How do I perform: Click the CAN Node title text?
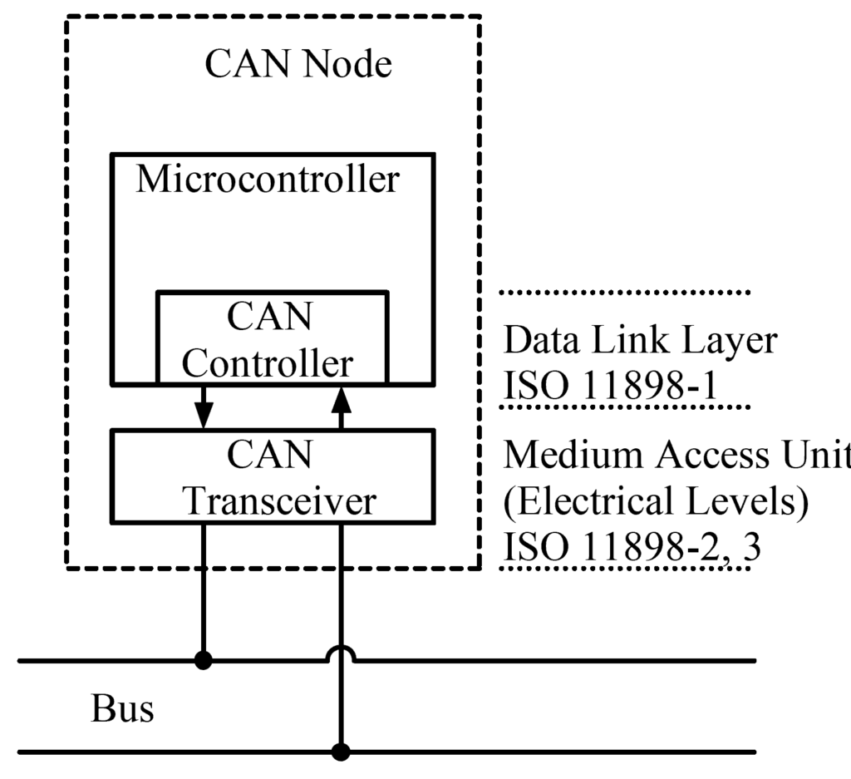[x=298, y=65]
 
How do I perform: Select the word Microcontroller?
[x=268, y=180]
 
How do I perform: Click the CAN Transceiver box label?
[x=271, y=478]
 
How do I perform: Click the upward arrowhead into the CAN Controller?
[x=340, y=401]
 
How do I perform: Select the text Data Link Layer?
[x=641, y=340]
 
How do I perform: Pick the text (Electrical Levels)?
[x=656, y=502]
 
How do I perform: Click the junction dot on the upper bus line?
[x=203, y=661]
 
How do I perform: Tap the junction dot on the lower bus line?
[x=340, y=752]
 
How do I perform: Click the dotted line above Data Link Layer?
[x=625, y=293]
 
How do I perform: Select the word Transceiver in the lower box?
[x=279, y=501]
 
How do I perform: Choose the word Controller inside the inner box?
[x=268, y=363]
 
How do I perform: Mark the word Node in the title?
[x=347, y=65]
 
